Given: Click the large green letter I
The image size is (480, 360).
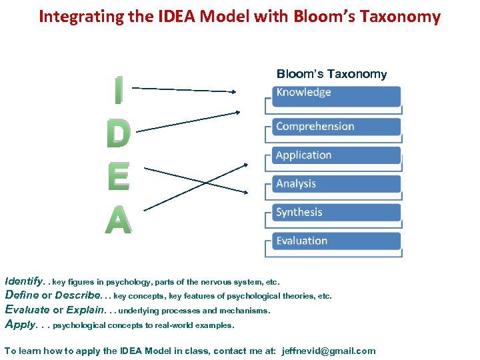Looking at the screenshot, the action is (118, 91).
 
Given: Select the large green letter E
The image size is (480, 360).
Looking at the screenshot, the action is (118, 176).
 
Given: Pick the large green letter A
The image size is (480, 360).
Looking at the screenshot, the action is (118, 219).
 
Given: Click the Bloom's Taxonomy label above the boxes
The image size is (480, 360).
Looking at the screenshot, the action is (331, 74).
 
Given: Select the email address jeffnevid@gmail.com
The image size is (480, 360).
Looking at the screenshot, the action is (329, 351).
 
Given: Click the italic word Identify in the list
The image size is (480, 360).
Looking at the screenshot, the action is (23, 281).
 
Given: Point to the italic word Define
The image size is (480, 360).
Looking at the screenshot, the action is (22, 295).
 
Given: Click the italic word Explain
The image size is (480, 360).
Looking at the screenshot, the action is (85, 309).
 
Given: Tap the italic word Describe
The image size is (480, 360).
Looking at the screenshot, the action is (79, 295).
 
